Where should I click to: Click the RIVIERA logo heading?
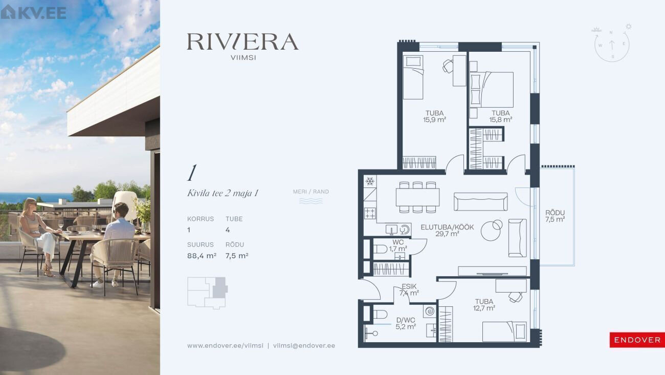pyautogui.click(x=242, y=41)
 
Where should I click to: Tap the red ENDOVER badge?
pyautogui.click(x=637, y=340)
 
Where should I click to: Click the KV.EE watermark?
pyautogui.click(x=33, y=12)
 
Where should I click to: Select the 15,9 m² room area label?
pyautogui.click(x=435, y=119)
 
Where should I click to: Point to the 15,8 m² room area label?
pyautogui.click(x=500, y=119)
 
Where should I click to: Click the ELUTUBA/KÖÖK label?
pyautogui.click(x=448, y=227)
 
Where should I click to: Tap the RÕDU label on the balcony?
pyautogui.click(x=555, y=213)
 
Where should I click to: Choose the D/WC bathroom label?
pyautogui.click(x=406, y=320)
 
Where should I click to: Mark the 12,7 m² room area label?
pyautogui.click(x=484, y=308)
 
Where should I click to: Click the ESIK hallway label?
pyautogui.click(x=409, y=286)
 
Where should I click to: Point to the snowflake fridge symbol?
pyautogui.click(x=370, y=181)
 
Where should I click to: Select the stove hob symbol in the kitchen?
pyautogui.click(x=370, y=213)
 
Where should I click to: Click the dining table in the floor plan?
pyautogui.click(x=417, y=197)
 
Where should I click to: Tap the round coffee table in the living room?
pyautogui.click(x=491, y=231)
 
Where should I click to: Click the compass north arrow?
pyautogui.click(x=612, y=45)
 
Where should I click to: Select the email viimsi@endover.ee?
pyautogui.click(x=304, y=346)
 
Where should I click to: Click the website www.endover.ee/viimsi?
pyautogui.click(x=225, y=346)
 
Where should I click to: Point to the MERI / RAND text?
pyautogui.click(x=311, y=192)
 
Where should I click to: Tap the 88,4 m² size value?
pyautogui.click(x=202, y=256)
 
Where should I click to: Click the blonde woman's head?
pyautogui.click(x=29, y=205)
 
